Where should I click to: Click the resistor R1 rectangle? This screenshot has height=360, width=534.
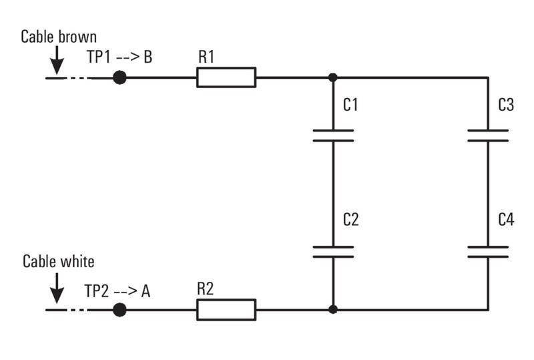[226, 77]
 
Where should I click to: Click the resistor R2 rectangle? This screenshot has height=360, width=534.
[226, 310]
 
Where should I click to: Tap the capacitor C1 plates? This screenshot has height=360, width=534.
[333, 136]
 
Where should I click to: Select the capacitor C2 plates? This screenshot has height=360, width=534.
[333, 251]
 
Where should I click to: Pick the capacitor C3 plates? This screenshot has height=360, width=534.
[488, 136]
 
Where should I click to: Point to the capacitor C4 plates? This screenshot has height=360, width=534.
[488, 251]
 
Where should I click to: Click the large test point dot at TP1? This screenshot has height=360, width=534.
[119, 77]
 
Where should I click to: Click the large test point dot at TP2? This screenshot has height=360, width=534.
[119, 310]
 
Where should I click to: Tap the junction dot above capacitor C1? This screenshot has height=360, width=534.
[333, 77]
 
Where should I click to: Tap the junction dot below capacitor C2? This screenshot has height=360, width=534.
[333, 310]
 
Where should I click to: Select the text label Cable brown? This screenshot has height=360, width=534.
[59, 37]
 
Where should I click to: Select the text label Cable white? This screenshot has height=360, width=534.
[59, 261]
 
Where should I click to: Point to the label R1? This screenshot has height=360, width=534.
[206, 57]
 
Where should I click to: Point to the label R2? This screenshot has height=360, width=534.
[206, 289]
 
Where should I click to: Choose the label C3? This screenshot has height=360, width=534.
[506, 105]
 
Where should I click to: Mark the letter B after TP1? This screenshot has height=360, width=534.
[148, 57]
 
